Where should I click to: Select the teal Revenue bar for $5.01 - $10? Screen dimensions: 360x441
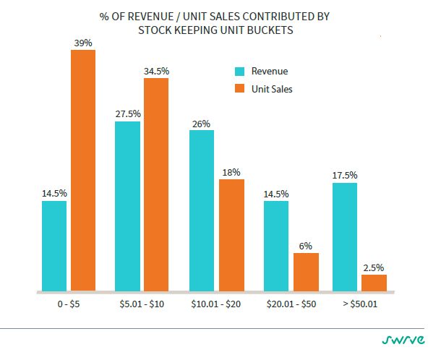[128, 206]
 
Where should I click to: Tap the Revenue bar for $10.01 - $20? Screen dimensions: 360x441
[202, 210]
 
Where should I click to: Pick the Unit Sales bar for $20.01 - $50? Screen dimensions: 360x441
[306, 272]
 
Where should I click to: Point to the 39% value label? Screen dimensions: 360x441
[83, 43]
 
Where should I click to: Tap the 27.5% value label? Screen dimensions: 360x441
[128, 114]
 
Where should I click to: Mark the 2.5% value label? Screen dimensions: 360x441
[374, 267]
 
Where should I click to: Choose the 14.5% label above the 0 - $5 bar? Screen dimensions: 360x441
[54, 194]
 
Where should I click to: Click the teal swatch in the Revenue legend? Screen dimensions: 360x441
[239, 71]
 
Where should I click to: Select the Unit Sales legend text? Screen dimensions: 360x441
[272, 89]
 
